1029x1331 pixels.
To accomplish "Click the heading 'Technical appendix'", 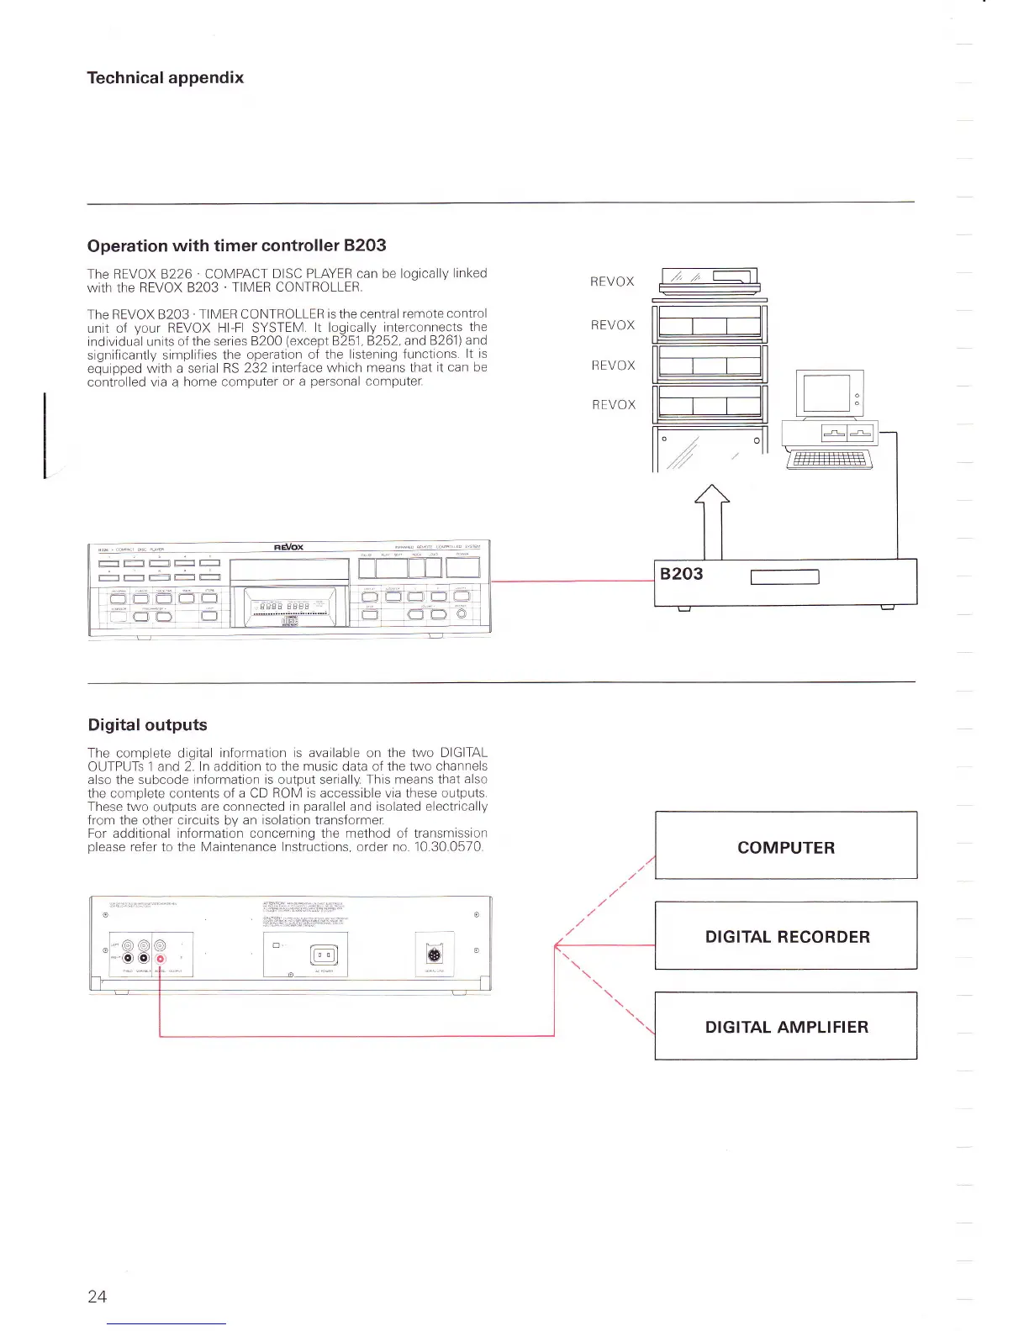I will click(165, 77).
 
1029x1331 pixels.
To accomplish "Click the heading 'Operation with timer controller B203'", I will click(236, 245).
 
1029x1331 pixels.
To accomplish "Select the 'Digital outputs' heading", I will click(147, 724).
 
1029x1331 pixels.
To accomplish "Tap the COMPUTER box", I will click(785, 846).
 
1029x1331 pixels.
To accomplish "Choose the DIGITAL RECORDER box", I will click(785, 936).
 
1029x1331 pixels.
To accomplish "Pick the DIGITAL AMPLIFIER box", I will click(785, 1026).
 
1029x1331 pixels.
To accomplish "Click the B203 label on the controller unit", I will click(681, 574).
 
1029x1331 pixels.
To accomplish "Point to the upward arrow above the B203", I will click(712, 520).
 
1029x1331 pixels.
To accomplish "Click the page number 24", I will click(97, 1296).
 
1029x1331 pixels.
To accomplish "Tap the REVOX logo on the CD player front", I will click(288, 547).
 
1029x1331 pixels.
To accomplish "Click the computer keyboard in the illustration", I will click(829, 459).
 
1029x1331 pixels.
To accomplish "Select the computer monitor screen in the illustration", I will click(826, 392).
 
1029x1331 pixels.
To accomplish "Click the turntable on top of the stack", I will click(710, 281).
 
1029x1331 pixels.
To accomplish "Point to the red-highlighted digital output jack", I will click(160, 959).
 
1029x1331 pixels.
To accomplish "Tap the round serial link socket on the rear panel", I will click(434, 955).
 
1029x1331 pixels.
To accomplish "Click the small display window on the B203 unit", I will click(784, 577).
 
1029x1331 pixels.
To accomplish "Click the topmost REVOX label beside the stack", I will click(612, 281).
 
